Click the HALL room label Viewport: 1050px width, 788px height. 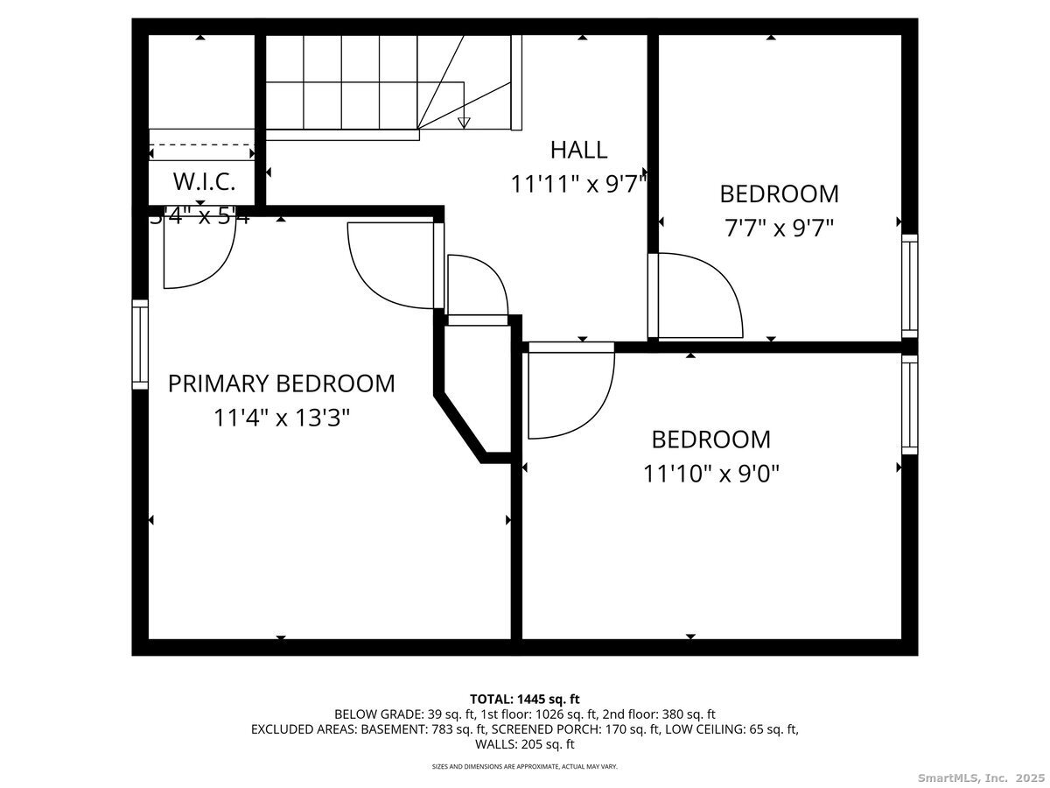(578, 150)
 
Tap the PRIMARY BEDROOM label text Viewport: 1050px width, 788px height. (281, 383)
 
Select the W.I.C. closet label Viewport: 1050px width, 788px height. (203, 182)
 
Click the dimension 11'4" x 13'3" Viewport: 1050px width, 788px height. (281, 419)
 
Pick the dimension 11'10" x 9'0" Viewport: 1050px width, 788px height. (710, 474)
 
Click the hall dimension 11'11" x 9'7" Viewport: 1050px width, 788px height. (578, 185)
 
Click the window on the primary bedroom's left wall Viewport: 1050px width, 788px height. (140, 344)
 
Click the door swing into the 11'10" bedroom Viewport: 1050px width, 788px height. (570, 391)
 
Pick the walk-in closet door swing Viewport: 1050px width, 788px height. (199, 254)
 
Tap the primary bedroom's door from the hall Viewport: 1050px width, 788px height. (392, 265)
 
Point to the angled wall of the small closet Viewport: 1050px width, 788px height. (459, 427)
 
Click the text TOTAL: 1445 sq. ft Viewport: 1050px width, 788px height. (524, 699)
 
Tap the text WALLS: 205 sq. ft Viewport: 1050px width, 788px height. (524, 744)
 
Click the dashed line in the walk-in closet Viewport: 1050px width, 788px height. (201, 145)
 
